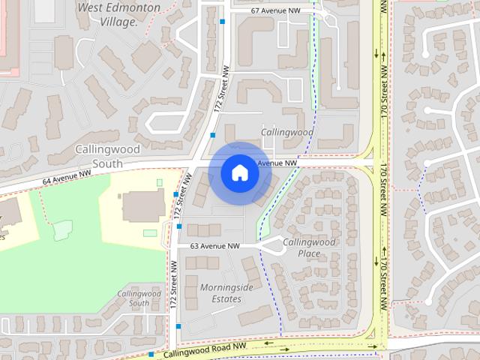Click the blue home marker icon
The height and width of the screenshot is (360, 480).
[x=240, y=172]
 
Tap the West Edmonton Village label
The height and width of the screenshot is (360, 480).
[x=118, y=14]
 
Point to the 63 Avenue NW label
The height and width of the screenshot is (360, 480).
[x=214, y=246]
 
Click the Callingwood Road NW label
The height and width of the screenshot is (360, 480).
[x=205, y=349]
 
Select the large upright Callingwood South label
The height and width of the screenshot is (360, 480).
[x=107, y=156]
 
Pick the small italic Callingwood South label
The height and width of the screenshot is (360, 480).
[x=139, y=298]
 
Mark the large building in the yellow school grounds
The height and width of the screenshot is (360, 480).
[x=143, y=205]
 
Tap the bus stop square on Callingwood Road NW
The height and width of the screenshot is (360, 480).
[x=151, y=354]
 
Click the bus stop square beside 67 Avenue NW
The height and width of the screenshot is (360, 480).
[x=223, y=22]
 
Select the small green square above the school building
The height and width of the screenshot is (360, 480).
[x=159, y=182]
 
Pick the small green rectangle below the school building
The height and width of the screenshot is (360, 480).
[x=150, y=233]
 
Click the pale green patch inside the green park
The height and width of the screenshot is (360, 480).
[x=62, y=229]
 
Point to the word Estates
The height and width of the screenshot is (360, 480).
[x=226, y=299]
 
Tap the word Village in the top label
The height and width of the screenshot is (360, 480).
[x=118, y=22]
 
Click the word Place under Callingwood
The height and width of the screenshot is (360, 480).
[x=308, y=253]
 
